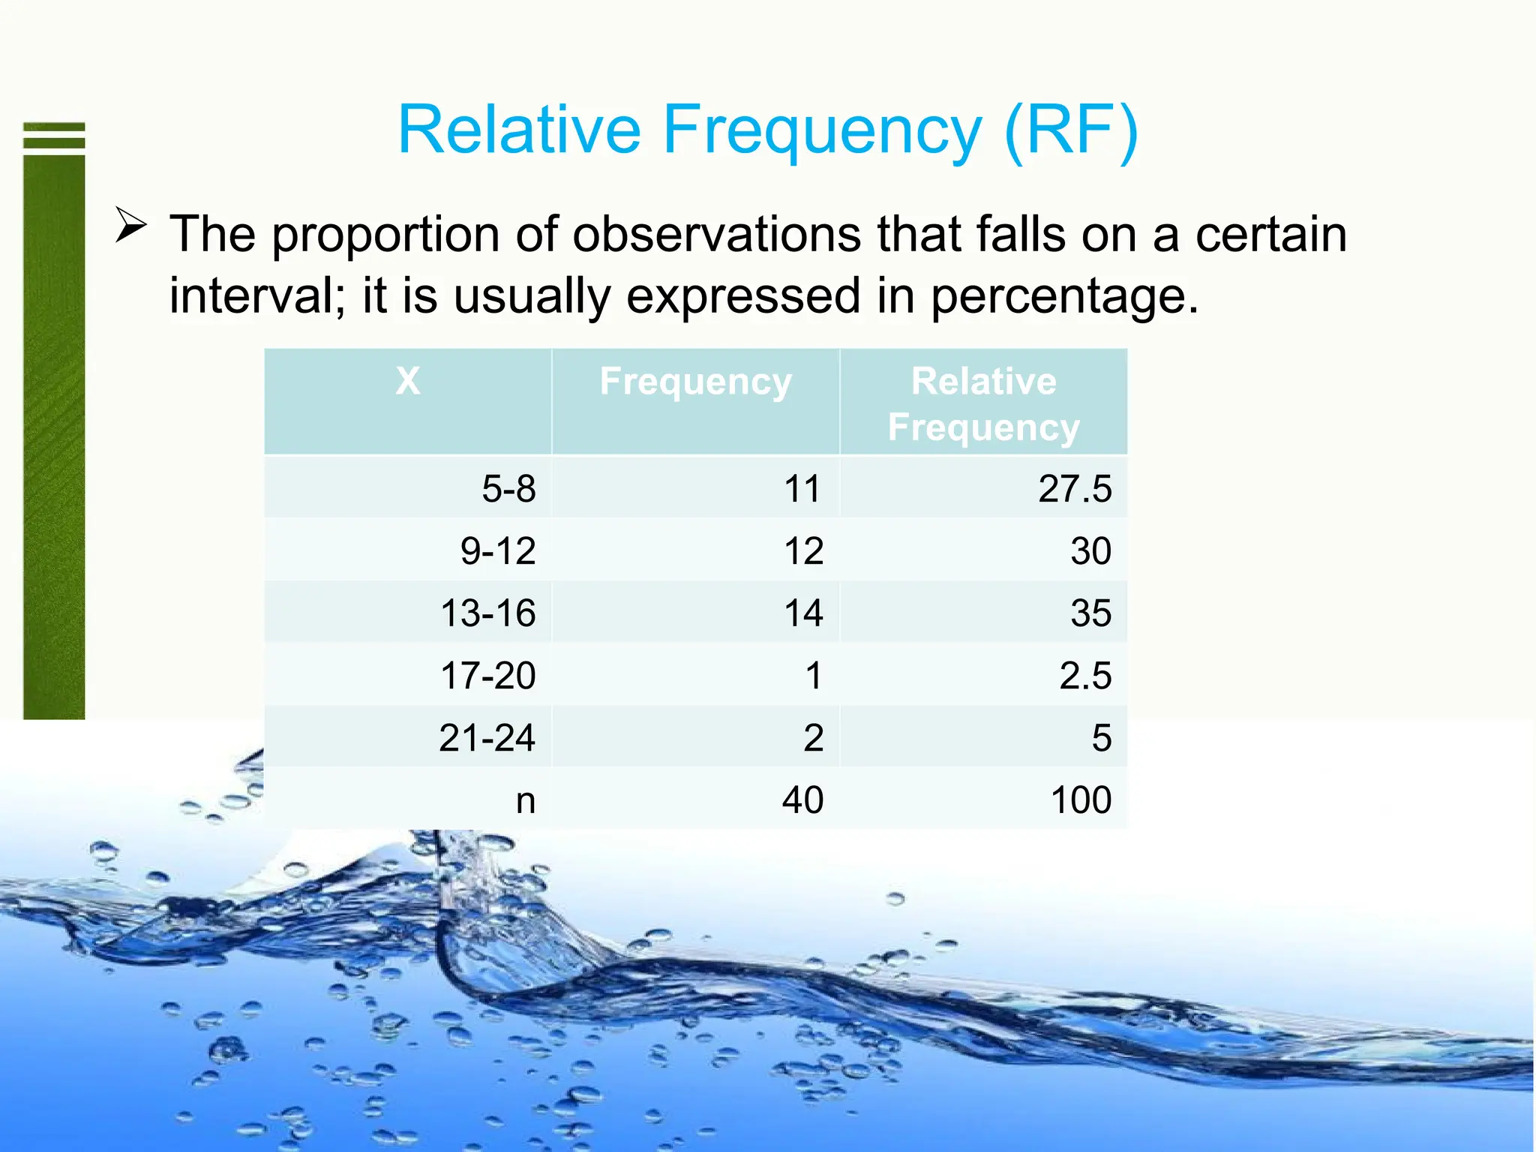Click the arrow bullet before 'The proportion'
[x=131, y=224]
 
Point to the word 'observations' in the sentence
[x=716, y=234]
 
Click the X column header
[x=408, y=381]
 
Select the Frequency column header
[x=695, y=381]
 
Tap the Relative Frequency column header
[x=983, y=403]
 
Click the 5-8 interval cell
[x=508, y=489]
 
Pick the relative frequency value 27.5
[x=1074, y=489]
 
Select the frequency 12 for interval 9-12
[x=803, y=551]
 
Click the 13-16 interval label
[x=487, y=613]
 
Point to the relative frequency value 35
[x=1090, y=613]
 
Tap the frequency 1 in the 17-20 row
[x=814, y=676]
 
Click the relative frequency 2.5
[x=1084, y=676]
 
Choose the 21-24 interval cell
[x=487, y=738]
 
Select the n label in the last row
[x=525, y=800]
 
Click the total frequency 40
[x=802, y=800]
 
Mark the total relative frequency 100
[x=1081, y=800]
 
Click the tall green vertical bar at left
[x=54, y=435]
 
